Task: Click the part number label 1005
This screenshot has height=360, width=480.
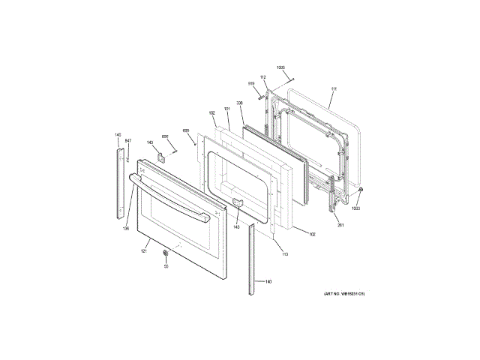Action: tap(280, 68)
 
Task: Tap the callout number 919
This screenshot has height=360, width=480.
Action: tap(252, 83)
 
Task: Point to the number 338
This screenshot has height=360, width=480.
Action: tap(239, 103)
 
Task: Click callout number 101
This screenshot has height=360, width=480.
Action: tap(226, 110)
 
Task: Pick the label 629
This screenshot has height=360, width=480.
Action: tap(185, 130)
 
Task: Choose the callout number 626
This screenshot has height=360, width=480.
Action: tap(165, 136)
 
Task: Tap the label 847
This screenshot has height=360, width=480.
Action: tap(127, 141)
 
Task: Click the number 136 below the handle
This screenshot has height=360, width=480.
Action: tap(126, 228)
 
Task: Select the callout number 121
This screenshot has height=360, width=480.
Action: tap(143, 250)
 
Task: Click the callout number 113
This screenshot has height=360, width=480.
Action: tap(284, 254)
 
